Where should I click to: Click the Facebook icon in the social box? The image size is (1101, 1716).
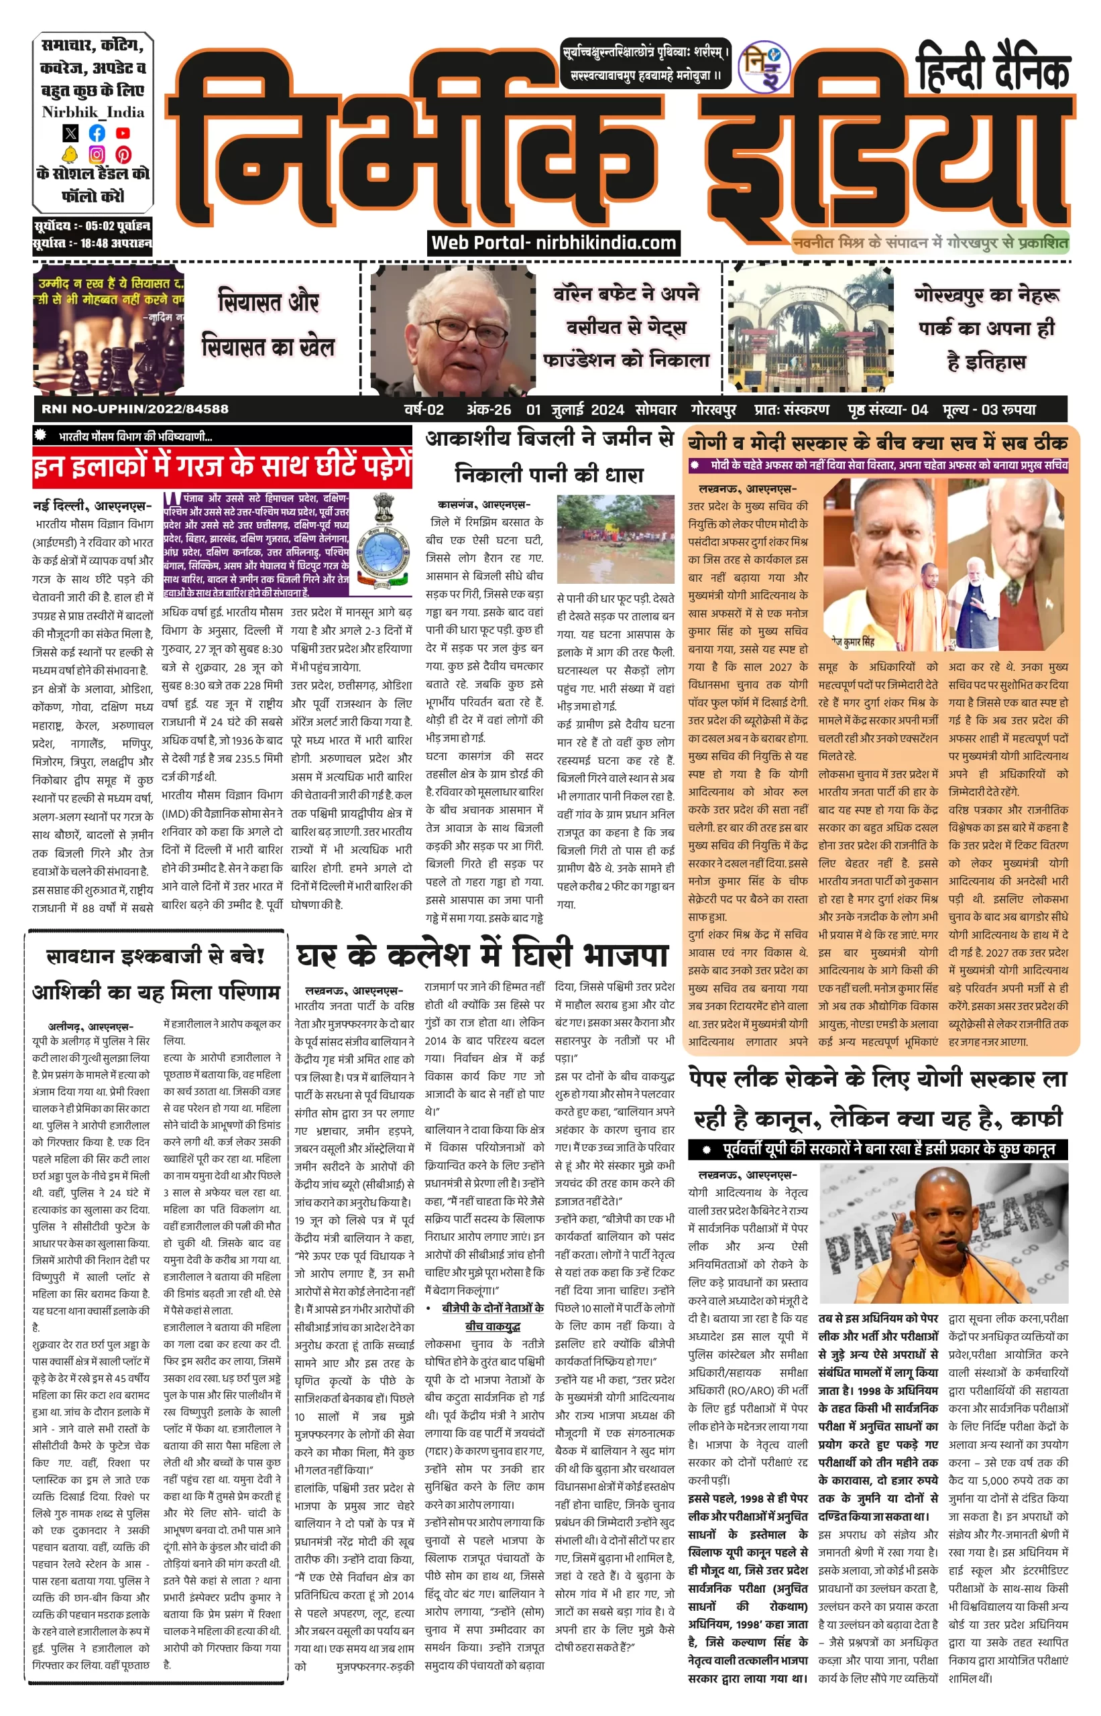pyautogui.click(x=97, y=133)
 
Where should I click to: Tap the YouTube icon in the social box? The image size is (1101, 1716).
pyautogui.click(x=123, y=133)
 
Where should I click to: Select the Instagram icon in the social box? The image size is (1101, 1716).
pyautogui.click(x=97, y=154)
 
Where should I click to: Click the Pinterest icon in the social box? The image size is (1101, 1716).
pyautogui.click(x=123, y=154)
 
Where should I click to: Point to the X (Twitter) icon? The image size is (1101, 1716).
pyautogui.click(x=70, y=133)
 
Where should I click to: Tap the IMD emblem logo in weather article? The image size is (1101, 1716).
pyautogui.click(x=384, y=542)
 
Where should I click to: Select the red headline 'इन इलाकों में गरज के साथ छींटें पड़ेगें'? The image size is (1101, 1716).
pyautogui.click(x=222, y=467)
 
